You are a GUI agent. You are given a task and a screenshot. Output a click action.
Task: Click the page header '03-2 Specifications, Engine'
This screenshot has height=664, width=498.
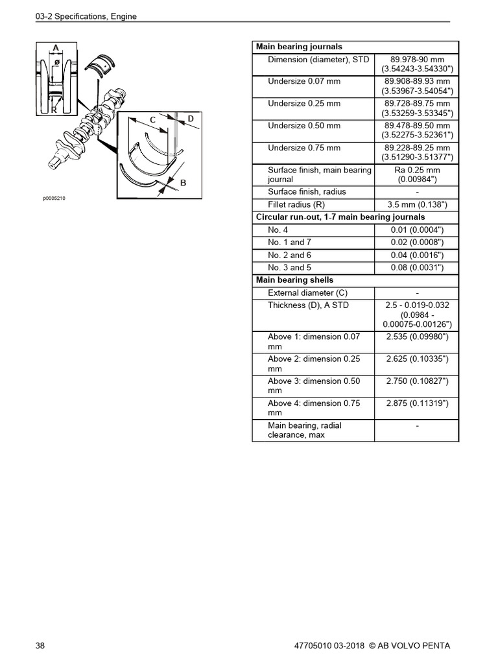[x=86, y=16]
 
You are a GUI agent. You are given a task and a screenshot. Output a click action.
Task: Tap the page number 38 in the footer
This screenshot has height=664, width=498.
[x=41, y=646]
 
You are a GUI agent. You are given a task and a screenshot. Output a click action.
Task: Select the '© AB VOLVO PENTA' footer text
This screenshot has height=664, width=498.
[x=409, y=646]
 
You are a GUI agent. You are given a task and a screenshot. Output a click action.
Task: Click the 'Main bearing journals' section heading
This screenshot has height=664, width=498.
[x=299, y=47]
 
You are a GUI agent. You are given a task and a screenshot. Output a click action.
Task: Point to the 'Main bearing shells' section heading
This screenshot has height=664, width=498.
[x=295, y=280]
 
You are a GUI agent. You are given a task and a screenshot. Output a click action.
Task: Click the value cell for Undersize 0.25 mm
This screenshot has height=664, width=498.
[x=417, y=108]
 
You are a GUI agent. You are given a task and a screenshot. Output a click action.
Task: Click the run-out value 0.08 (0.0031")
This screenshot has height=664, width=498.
[x=417, y=268]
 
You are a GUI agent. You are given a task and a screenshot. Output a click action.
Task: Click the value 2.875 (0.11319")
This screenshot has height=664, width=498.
[x=417, y=403]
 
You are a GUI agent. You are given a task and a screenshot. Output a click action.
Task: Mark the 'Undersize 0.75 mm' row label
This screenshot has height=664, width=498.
[x=304, y=148]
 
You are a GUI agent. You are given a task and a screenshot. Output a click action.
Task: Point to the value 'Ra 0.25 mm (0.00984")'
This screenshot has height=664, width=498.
[x=417, y=174]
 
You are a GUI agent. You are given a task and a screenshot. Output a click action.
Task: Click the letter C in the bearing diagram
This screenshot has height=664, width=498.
[x=153, y=120]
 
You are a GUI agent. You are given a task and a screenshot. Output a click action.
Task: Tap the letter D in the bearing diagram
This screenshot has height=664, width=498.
[x=191, y=118]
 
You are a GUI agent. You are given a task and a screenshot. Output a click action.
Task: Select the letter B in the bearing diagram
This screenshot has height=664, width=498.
[x=183, y=184]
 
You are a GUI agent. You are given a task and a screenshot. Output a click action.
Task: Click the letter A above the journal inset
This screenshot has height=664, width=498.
[x=56, y=47]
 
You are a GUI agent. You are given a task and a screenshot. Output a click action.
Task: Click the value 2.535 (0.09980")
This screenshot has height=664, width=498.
[x=417, y=337]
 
